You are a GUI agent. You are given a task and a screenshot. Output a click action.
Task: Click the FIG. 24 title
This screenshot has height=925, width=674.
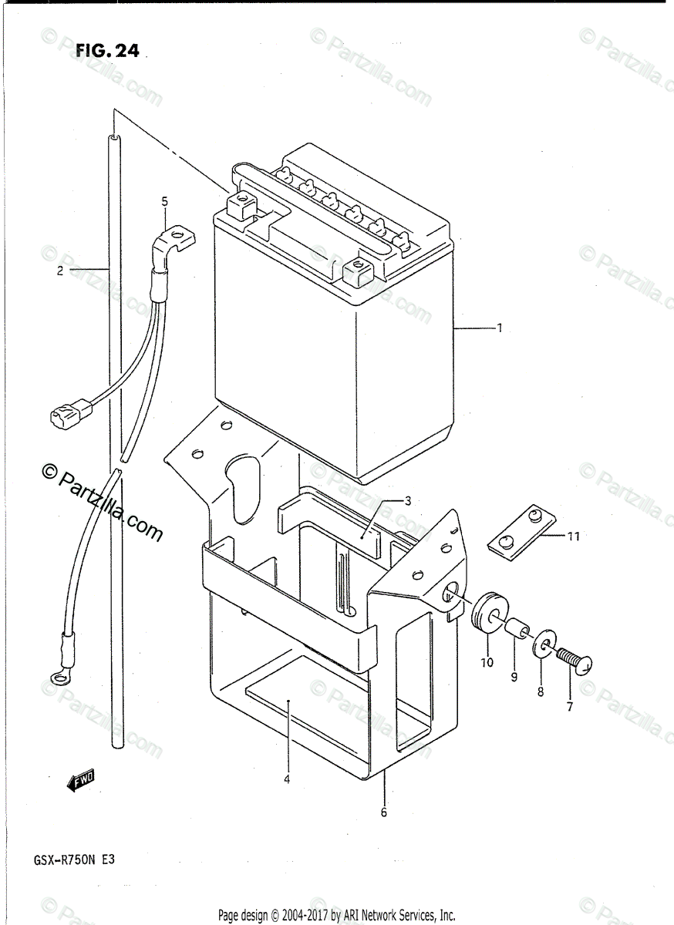pos(107,51)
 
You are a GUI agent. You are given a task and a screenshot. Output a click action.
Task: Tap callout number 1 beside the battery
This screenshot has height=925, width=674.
pos(499,328)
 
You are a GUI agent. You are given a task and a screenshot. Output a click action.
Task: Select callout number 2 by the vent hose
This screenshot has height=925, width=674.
pos(59,271)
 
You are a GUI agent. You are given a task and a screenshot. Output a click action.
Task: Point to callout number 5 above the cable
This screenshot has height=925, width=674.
pos(164,202)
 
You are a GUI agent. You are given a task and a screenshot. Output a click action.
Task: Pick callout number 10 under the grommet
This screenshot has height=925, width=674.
pos(487,662)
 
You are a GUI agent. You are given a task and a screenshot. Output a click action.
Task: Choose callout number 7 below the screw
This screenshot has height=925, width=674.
pos(570,707)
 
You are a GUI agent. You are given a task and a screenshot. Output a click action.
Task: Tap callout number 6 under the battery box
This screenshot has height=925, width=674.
pos(384,812)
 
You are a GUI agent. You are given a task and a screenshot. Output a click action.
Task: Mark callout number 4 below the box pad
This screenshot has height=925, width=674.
pos(286,779)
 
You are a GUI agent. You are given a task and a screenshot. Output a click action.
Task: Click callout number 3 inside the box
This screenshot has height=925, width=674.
pos(408,500)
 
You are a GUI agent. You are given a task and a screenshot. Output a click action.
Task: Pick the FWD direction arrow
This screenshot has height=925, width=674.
pos(80,782)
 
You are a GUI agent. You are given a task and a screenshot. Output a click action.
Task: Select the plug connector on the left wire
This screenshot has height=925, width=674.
pos(64,415)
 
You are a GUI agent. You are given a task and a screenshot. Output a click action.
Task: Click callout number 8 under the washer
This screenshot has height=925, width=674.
pos(541,692)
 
